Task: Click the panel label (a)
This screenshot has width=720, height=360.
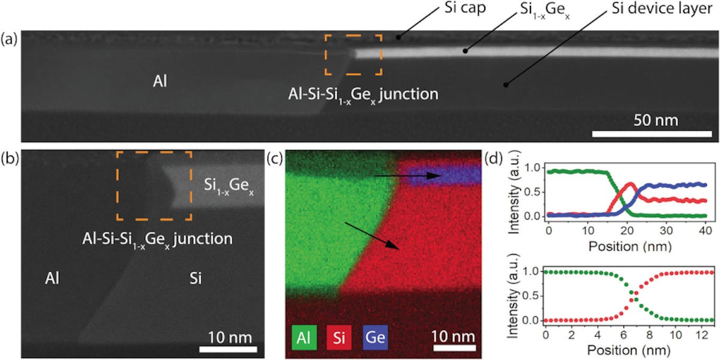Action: (10, 40)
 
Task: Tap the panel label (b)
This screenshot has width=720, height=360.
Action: (10, 159)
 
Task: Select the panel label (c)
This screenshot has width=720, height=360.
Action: (275, 159)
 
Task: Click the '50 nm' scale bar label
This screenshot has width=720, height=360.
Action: (656, 121)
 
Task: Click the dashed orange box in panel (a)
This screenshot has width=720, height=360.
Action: (353, 55)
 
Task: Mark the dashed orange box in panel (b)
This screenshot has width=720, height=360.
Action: (154, 186)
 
